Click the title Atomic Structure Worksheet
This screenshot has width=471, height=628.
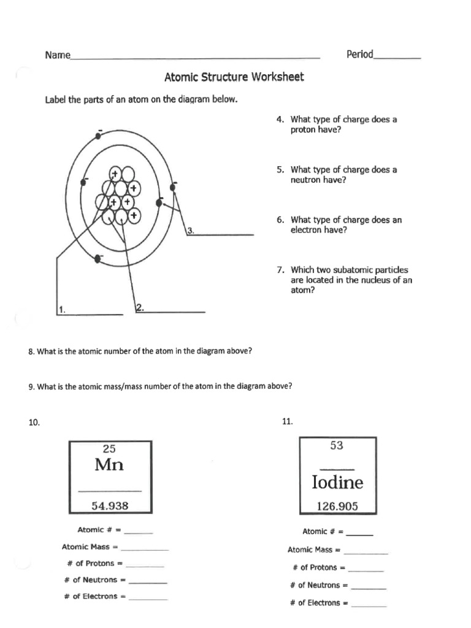(x=234, y=77)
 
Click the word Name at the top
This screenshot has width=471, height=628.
(x=56, y=55)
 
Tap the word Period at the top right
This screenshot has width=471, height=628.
(x=359, y=55)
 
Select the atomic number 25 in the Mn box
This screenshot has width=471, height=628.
(x=109, y=449)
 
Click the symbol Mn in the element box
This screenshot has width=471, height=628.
(x=109, y=465)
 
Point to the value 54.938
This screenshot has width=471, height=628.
(x=110, y=506)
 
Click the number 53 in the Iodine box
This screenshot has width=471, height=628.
(x=337, y=446)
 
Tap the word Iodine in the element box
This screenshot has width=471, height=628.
(x=337, y=483)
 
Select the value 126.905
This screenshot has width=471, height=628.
(x=337, y=507)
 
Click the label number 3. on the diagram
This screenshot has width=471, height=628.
(x=191, y=231)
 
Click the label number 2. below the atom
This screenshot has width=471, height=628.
(x=139, y=308)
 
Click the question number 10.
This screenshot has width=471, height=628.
(x=34, y=422)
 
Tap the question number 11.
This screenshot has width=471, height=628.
(x=288, y=421)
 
